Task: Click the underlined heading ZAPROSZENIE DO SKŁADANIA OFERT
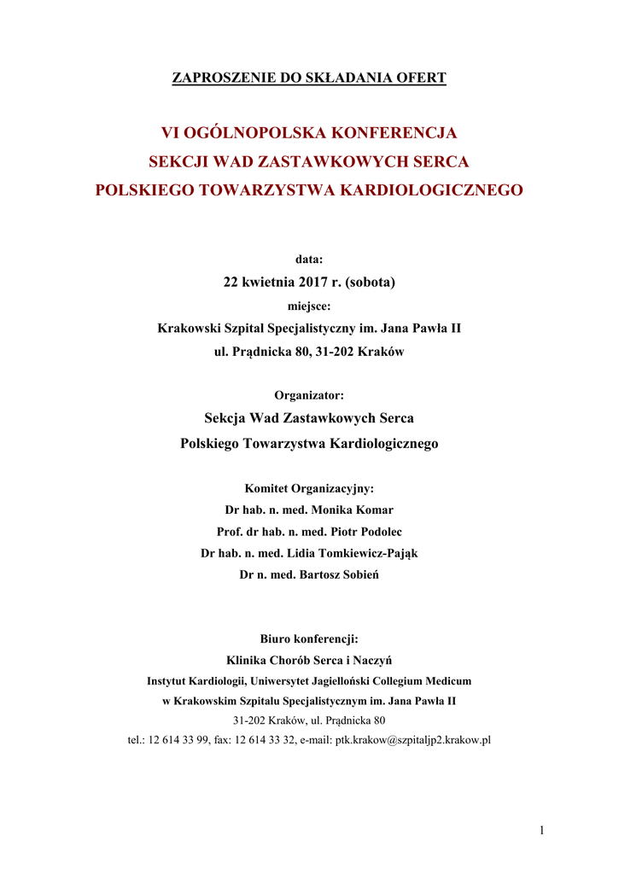[309, 79]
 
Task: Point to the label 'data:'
[309, 259]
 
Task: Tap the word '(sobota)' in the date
[370, 281]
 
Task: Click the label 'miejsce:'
[309, 304]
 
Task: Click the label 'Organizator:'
[309, 395]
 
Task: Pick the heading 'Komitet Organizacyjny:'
[309, 489]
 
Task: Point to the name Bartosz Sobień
[338, 574]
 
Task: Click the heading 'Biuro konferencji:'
[309, 638]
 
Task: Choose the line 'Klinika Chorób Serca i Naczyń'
[309, 660]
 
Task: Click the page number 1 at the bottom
[541, 830]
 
